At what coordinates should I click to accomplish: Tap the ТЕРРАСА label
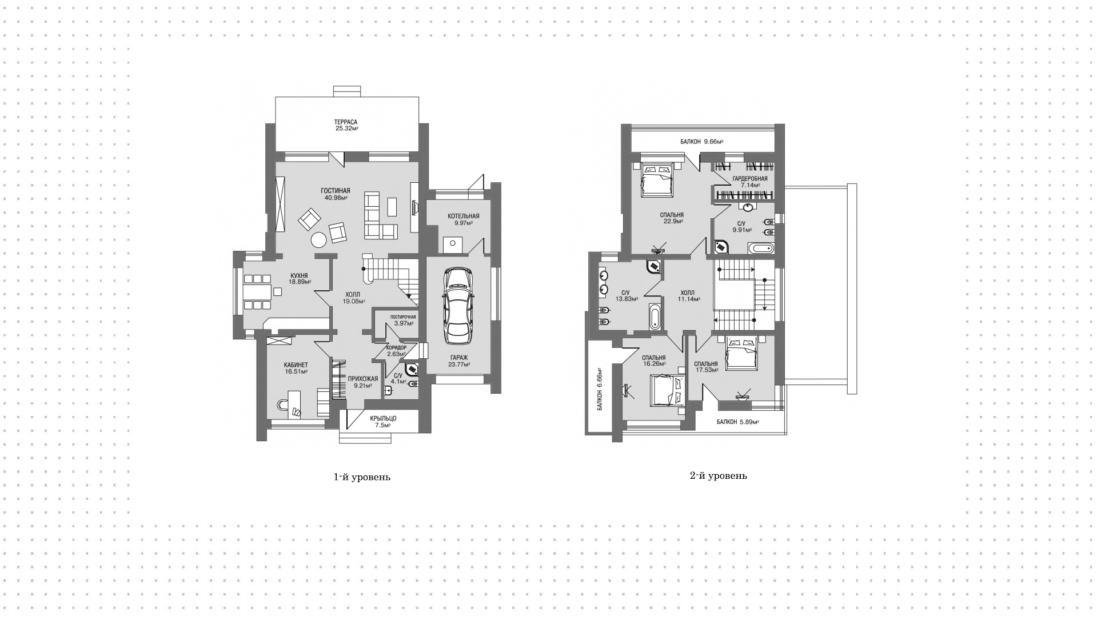[x=346, y=122]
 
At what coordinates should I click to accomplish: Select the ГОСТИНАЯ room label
[x=335, y=191]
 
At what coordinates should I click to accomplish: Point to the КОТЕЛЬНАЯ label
[x=464, y=216]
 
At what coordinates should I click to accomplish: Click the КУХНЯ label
[x=299, y=275]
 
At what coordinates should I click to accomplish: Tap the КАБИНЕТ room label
[x=296, y=365]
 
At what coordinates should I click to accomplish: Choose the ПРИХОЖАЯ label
[x=363, y=379]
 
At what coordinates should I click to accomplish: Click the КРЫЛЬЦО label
[x=383, y=418]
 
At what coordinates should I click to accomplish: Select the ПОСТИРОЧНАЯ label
[x=403, y=317]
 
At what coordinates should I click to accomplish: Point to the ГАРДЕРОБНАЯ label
[x=749, y=178]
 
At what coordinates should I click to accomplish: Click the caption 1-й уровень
[x=362, y=477]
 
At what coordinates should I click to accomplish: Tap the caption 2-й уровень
[x=719, y=475]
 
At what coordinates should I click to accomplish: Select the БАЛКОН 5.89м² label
[x=737, y=422]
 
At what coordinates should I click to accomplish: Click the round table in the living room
[x=317, y=241]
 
